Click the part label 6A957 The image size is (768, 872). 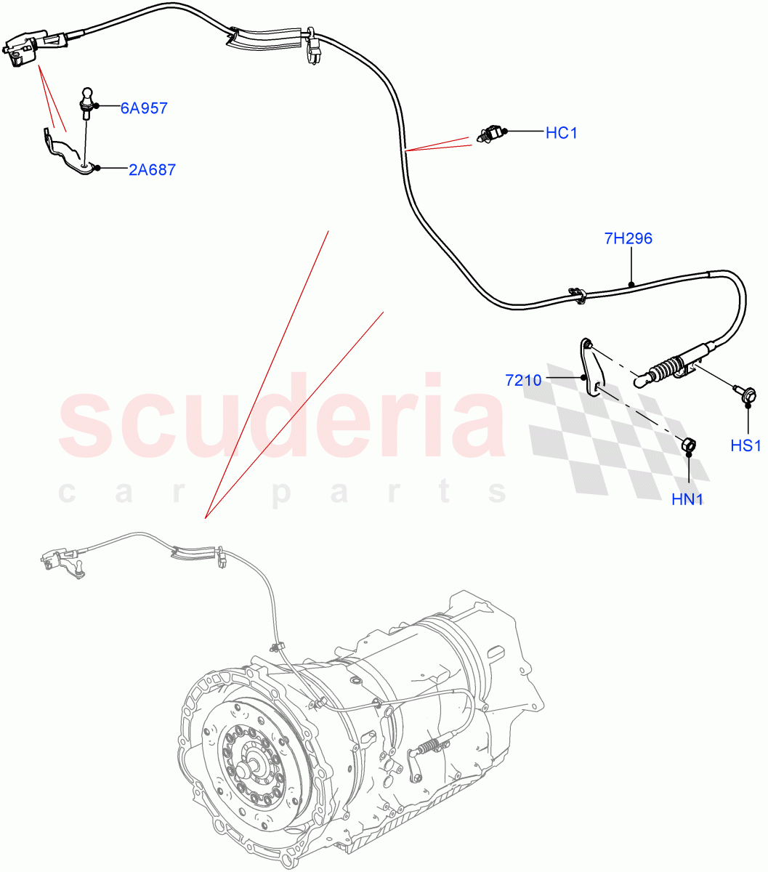(x=144, y=108)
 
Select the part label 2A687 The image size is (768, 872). (x=152, y=169)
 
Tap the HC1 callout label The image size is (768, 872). (x=561, y=133)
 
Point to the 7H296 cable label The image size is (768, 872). (x=628, y=238)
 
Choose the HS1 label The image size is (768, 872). (x=745, y=445)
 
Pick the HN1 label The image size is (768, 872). (x=687, y=499)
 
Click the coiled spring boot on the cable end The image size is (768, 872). (x=663, y=370)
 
